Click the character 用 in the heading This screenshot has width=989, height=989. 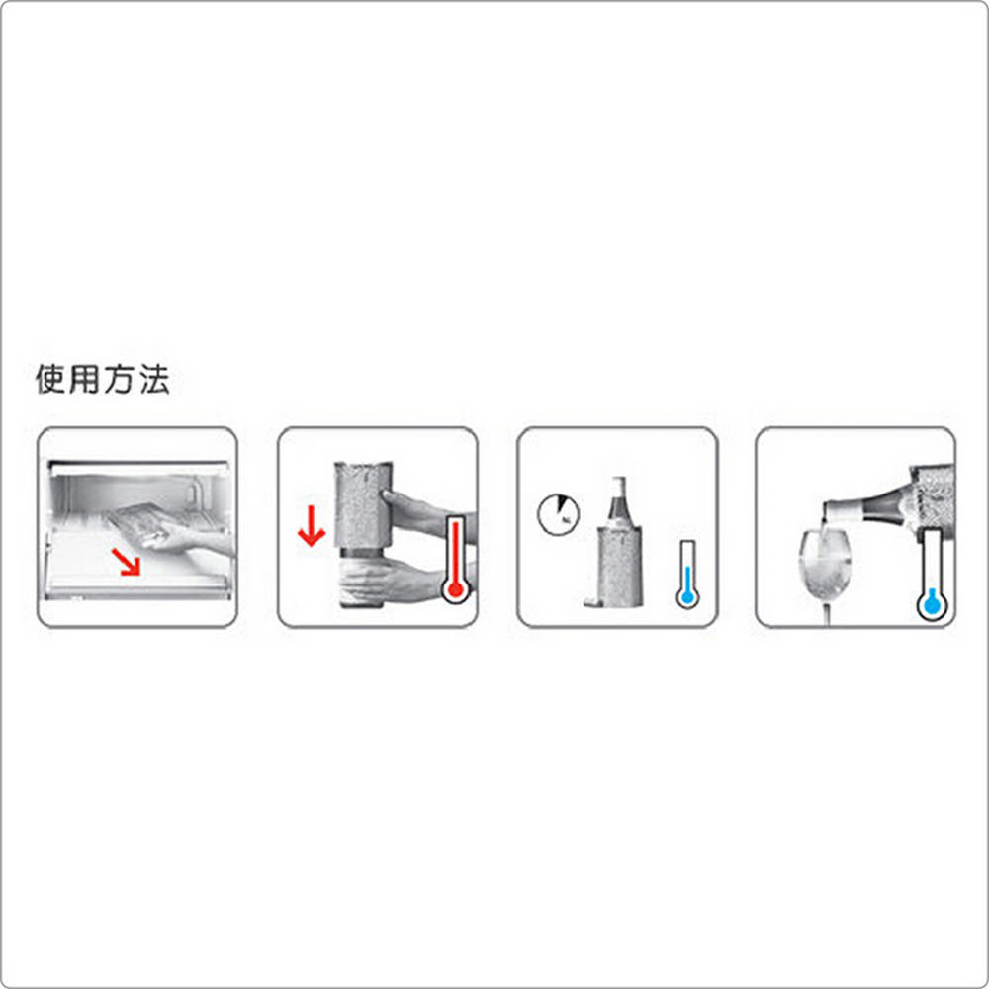[84, 379]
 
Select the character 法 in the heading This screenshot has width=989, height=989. [154, 379]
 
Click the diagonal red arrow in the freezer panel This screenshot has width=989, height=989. [127, 562]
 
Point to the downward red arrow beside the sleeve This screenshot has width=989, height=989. [311, 525]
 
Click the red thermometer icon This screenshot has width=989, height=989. [455, 560]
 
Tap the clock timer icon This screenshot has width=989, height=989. [558, 514]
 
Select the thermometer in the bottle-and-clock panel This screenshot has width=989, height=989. [687, 574]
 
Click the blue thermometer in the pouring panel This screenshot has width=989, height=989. [932, 575]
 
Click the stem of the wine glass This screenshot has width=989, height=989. [826, 613]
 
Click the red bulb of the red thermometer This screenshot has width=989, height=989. [455, 590]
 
